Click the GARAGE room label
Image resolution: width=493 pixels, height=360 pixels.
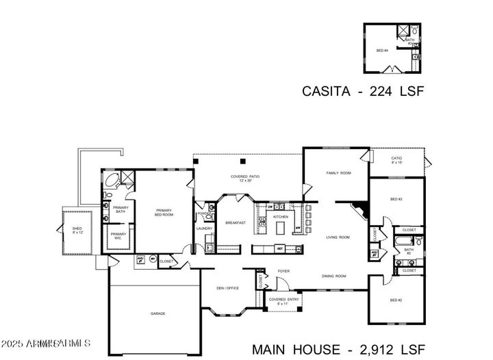[x=158, y=313]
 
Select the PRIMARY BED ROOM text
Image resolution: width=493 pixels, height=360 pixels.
[x=164, y=213]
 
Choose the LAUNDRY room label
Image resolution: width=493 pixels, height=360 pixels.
[x=205, y=229]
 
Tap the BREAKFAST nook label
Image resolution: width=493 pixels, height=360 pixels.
[x=235, y=223]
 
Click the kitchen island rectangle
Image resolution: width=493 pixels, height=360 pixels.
[x=276, y=248]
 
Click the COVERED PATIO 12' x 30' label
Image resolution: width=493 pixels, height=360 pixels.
[x=244, y=179]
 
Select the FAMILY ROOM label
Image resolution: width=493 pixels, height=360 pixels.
[x=338, y=173]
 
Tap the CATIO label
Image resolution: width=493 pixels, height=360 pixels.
[x=396, y=159]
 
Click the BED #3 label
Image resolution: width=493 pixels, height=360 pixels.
[x=396, y=199]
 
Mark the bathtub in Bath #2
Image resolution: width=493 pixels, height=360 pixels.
[x=403, y=242]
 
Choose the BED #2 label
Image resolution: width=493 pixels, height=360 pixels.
[x=396, y=300]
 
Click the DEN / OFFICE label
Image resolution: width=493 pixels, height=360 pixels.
[x=228, y=288]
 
